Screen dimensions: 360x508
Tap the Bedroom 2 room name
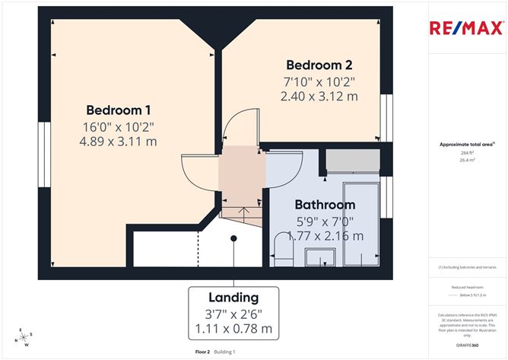[319, 65]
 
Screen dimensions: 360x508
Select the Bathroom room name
[325, 205]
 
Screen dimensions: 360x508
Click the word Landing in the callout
[233, 297]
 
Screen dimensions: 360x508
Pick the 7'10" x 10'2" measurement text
[319, 81]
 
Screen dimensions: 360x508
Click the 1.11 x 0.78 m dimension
[233, 329]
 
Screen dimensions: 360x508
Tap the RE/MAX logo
[465, 29]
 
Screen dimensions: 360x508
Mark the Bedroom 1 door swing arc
[196, 173]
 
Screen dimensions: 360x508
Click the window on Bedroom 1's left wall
[46, 142]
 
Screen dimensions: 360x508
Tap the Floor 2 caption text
[202, 352]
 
